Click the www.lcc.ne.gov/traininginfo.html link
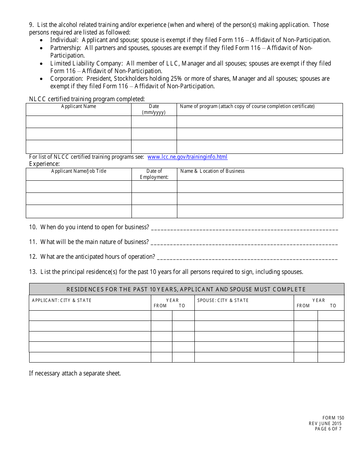click(x=187, y=157)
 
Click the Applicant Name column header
click(x=78, y=106)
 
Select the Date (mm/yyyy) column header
click(x=154, y=109)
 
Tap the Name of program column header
click(x=247, y=106)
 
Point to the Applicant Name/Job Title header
click(x=79, y=171)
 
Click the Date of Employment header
click(x=154, y=174)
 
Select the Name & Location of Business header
click(x=212, y=171)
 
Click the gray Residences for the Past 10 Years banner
click(x=186, y=289)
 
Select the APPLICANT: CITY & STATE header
click(x=62, y=300)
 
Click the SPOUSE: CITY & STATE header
click(x=223, y=300)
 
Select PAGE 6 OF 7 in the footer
click(x=328, y=429)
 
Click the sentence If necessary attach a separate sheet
click(x=75, y=374)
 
